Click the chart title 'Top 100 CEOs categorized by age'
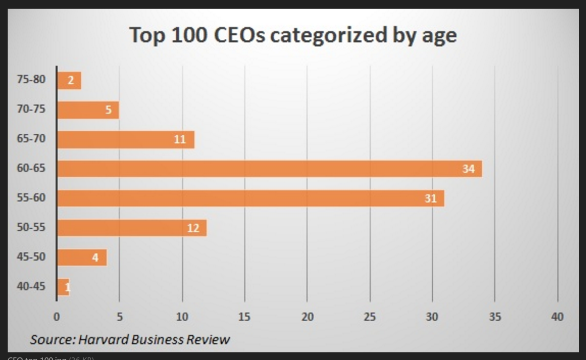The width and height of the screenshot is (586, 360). pyautogui.click(x=293, y=36)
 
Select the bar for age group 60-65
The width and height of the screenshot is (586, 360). pyautogui.click(x=269, y=169)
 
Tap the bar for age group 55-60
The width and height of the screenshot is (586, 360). pyautogui.click(x=250, y=198)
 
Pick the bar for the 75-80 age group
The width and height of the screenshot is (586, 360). pyautogui.click(x=69, y=80)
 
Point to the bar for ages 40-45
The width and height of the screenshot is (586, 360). pyautogui.click(x=63, y=287)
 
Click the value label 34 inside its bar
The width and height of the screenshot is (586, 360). pyautogui.click(x=468, y=169)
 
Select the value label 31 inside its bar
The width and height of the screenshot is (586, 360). pyautogui.click(x=431, y=198)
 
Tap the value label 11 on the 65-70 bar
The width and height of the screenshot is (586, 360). pyautogui.click(x=180, y=139)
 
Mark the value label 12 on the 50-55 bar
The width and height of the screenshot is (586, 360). pyautogui.click(x=193, y=228)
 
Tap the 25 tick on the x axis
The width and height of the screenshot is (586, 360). pyautogui.click(x=369, y=317)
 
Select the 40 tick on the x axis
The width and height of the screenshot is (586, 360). pyautogui.click(x=557, y=317)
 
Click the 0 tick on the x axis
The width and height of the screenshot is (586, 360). pyautogui.click(x=57, y=317)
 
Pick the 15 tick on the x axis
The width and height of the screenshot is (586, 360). pyautogui.click(x=244, y=317)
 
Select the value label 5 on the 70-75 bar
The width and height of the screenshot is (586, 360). pyautogui.click(x=108, y=110)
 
